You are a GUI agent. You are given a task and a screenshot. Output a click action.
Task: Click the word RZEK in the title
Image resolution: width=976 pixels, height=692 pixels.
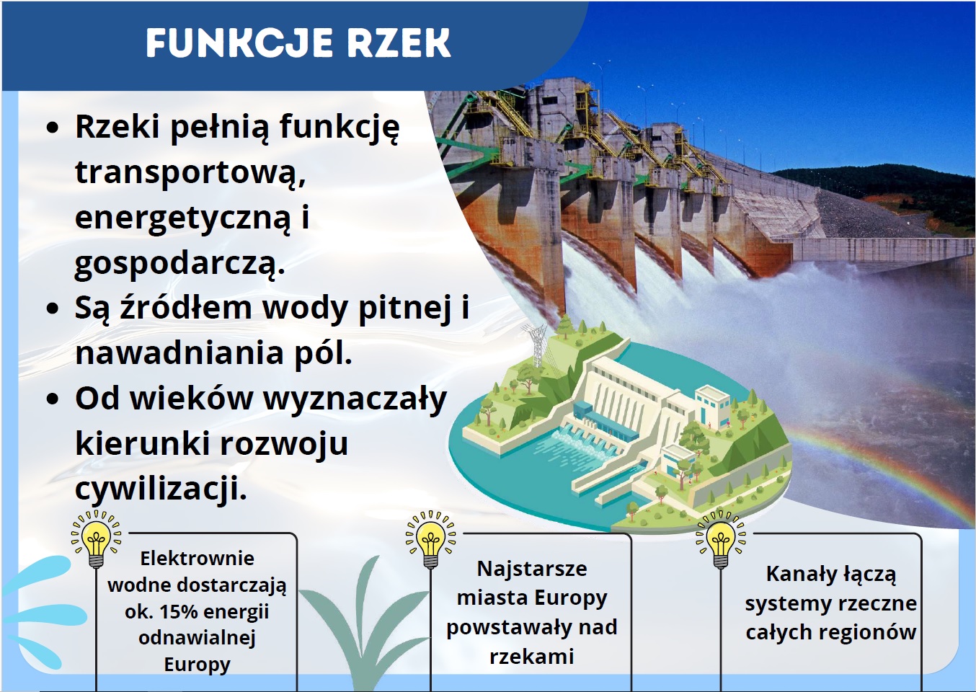[x=399, y=43]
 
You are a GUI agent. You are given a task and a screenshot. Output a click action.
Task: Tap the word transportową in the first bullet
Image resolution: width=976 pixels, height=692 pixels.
[x=190, y=172]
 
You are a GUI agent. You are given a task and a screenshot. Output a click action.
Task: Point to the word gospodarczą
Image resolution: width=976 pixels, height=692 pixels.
[x=180, y=263]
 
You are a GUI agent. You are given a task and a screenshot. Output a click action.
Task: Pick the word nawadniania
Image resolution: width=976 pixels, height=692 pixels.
[x=179, y=353]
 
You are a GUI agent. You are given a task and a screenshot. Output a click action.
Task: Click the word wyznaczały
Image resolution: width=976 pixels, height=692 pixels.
[x=355, y=399]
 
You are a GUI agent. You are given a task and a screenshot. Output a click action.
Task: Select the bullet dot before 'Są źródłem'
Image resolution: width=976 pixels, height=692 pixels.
[x=53, y=309]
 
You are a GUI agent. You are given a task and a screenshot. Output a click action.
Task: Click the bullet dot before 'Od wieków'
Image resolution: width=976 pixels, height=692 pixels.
[x=53, y=399]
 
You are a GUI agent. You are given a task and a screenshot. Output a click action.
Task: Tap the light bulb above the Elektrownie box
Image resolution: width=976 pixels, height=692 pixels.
[x=97, y=538]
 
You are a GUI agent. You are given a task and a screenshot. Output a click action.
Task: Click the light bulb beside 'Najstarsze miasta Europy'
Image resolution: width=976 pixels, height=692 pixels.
[x=430, y=539]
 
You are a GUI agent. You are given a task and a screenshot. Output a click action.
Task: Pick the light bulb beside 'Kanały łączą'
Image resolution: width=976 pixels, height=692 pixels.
[x=721, y=539]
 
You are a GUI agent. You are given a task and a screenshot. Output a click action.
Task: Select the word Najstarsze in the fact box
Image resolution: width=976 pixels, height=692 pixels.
[x=532, y=569]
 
